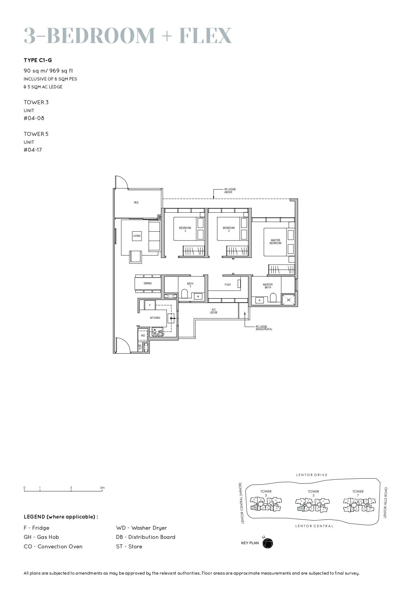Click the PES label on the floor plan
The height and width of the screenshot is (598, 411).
point(136,203)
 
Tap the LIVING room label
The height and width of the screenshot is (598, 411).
point(137,236)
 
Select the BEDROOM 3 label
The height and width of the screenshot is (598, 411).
point(185,229)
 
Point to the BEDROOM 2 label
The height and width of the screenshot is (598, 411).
point(229,229)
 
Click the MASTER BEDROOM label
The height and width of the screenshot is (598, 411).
point(275,242)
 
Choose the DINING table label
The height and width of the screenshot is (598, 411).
point(148,283)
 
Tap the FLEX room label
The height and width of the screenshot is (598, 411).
point(228,285)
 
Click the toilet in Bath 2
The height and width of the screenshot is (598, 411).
point(185,293)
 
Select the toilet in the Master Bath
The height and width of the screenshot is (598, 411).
point(273,298)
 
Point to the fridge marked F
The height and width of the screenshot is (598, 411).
point(150,305)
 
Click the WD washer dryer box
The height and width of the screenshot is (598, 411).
point(143,335)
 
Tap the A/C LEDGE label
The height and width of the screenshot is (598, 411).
point(214,311)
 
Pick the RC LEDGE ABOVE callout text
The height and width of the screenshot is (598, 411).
point(230,191)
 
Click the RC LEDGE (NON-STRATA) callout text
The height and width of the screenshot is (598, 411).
point(264,328)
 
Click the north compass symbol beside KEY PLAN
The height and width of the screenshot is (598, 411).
point(267,543)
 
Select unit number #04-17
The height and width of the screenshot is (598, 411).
point(33,150)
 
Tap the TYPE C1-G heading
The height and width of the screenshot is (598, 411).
point(38,60)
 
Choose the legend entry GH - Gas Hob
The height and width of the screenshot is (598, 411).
point(41,537)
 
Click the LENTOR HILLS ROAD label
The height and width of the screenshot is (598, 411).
point(385,502)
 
